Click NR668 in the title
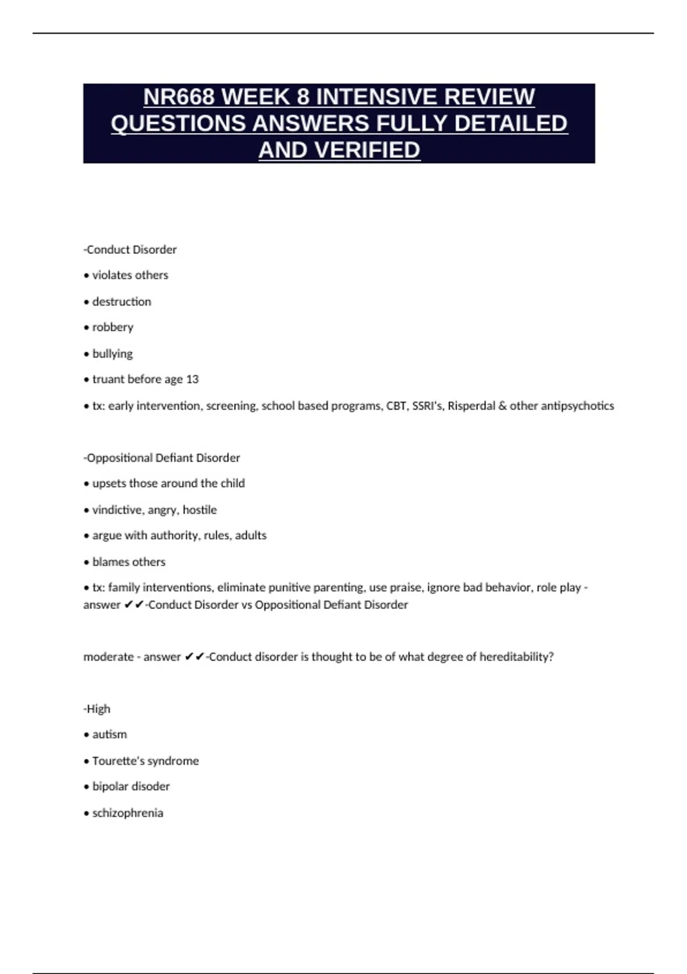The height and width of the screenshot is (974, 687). click(x=179, y=97)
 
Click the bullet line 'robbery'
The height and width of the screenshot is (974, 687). click(x=112, y=327)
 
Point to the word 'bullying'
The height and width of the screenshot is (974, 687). click(x=112, y=354)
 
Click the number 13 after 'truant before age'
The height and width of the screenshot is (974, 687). click(x=192, y=379)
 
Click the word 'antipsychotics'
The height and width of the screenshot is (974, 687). click(x=577, y=406)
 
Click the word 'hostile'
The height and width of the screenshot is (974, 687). click(x=200, y=509)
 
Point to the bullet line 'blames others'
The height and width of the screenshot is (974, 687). click(x=128, y=561)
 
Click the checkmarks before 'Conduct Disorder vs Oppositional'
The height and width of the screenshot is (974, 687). click(x=134, y=604)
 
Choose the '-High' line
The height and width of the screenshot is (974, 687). click(x=97, y=709)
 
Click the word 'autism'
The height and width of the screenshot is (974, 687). click(x=109, y=735)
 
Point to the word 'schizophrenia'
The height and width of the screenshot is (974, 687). click(x=128, y=813)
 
